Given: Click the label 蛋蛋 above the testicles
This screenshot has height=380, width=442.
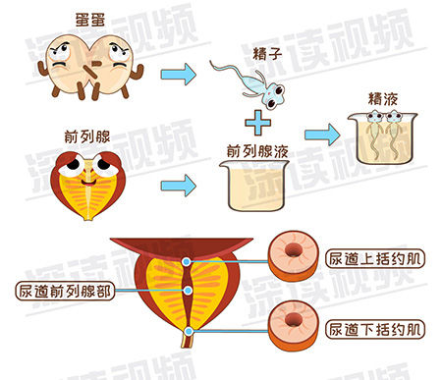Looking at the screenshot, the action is (90, 20).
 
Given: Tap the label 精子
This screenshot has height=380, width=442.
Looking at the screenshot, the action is (267, 53).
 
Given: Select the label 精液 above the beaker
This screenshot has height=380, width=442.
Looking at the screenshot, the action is (383, 99).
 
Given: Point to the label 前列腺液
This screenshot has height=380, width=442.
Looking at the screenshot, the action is (257, 151).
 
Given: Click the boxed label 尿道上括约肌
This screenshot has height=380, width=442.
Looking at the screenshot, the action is (375, 259).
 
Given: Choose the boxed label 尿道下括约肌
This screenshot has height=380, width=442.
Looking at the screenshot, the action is (375, 329).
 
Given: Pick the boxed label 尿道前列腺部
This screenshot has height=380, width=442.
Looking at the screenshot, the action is (65, 291).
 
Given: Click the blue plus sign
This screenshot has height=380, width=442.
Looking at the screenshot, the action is (258, 123).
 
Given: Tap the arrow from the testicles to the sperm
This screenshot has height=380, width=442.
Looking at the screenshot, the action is (178, 75).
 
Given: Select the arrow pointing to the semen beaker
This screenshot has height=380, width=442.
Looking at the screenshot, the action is (322, 135).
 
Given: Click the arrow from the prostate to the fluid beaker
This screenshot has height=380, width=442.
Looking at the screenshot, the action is (178, 186).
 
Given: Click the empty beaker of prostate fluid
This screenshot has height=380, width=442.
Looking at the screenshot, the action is (253, 185).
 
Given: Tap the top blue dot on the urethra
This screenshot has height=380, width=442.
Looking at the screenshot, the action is (187, 261).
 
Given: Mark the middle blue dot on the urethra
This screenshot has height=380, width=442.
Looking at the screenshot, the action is (188, 291).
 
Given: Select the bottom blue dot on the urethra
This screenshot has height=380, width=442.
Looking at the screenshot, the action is (189, 332).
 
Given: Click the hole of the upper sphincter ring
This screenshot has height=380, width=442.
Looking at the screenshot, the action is (294, 249).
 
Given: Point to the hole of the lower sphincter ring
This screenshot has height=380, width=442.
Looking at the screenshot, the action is (293, 319).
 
